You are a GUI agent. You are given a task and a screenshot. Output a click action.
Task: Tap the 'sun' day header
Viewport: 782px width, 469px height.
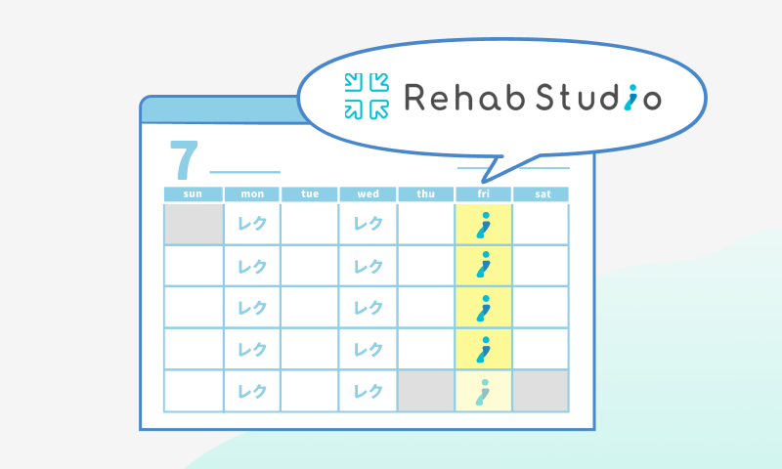click(194, 193)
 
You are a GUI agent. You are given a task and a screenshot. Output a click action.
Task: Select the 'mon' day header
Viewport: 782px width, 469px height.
click(252, 193)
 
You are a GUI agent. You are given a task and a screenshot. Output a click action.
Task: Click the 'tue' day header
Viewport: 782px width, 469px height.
click(310, 193)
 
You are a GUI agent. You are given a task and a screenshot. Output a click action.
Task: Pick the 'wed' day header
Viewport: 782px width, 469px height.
click(369, 193)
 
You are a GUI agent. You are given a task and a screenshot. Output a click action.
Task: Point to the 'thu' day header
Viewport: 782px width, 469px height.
click(426, 193)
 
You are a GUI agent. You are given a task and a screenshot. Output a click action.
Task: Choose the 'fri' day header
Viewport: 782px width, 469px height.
click(484, 193)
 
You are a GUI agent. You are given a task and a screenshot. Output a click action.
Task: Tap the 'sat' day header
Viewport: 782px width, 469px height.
click(543, 193)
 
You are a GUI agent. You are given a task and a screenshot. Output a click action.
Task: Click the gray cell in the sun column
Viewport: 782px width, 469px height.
click(194, 225)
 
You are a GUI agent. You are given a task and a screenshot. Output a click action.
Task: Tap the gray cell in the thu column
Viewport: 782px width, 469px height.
click(426, 391)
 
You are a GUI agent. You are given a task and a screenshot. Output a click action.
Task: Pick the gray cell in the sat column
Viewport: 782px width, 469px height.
click(542, 391)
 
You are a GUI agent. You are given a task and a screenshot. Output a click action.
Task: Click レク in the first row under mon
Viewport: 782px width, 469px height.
click(252, 225)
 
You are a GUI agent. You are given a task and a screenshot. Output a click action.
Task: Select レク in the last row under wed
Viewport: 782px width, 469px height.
click(369, 391)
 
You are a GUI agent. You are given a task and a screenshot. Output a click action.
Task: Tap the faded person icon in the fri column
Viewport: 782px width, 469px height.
click(483, 391)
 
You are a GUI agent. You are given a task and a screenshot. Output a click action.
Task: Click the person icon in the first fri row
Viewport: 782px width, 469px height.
click(483, 225)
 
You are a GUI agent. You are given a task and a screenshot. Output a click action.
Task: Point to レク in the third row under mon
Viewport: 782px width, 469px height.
click(252, 308)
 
